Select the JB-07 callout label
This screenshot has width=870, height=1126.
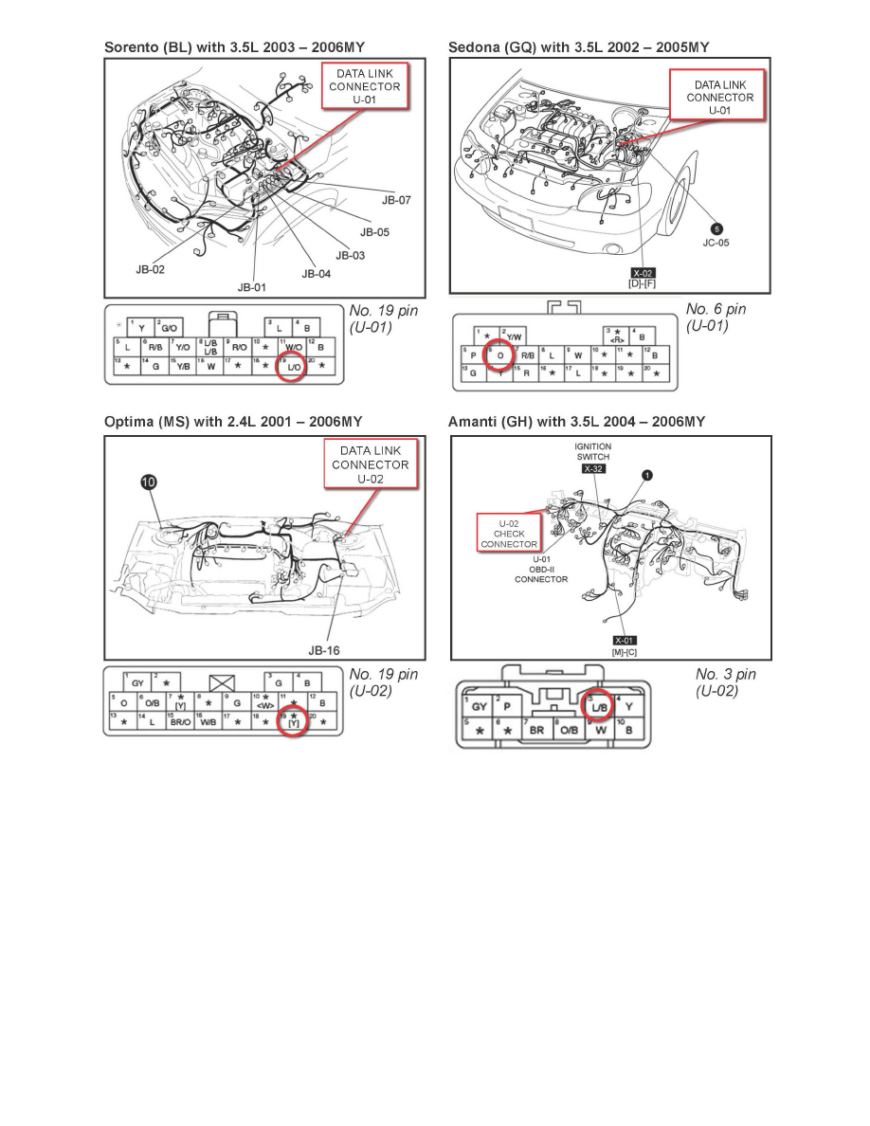396,201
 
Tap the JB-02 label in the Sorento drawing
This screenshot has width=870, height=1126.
151,269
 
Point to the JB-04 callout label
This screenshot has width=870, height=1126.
317,274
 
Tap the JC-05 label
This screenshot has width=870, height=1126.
716,244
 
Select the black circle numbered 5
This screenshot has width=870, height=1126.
716,229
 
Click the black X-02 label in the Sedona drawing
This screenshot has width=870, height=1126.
643,273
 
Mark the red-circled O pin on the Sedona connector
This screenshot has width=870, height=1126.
499,355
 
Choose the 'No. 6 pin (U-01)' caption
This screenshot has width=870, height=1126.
716,318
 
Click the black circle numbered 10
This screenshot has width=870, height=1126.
151,483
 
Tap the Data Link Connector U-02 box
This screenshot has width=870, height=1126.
370,464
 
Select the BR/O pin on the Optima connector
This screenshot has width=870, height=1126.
180,721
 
